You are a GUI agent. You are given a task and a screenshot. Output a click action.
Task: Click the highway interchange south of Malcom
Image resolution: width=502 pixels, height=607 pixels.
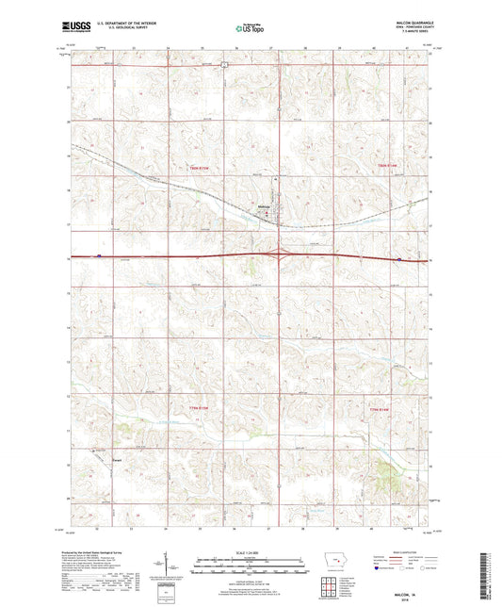281,254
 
